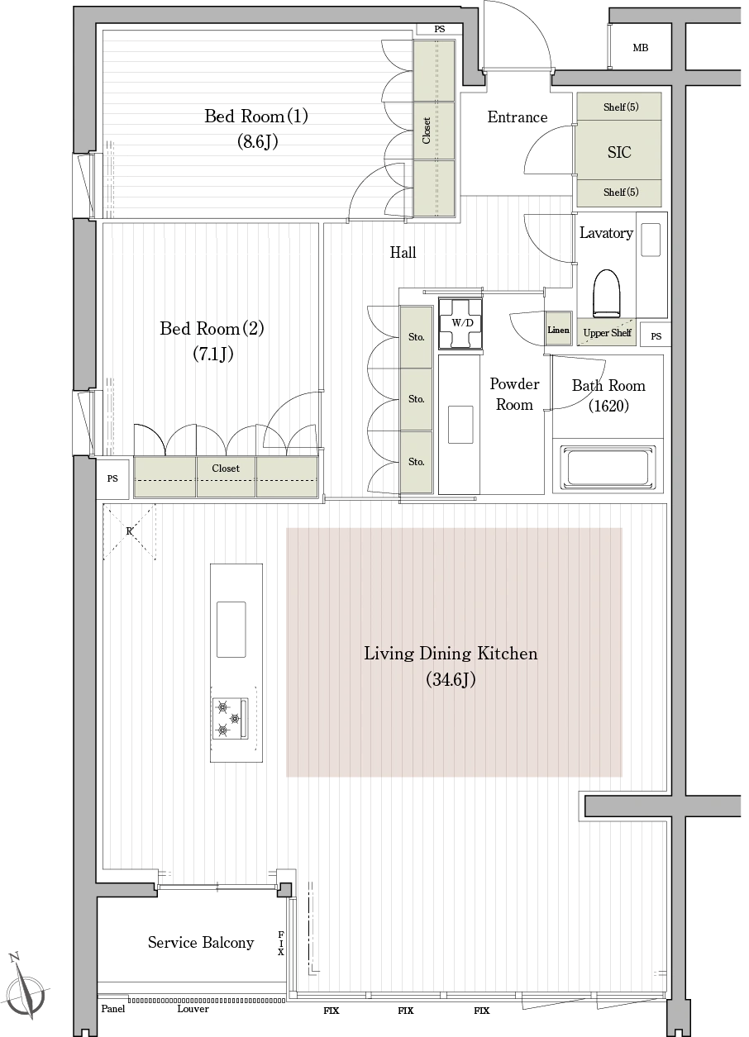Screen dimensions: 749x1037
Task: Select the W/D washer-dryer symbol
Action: (462, 323)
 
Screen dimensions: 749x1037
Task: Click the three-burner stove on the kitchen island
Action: (230, 718)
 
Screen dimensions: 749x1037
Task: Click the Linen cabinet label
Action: (558, 330)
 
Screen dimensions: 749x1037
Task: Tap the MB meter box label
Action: (641, 47)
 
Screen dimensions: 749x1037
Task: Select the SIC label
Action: (619, 152)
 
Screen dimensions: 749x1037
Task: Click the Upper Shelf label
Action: (607, 333)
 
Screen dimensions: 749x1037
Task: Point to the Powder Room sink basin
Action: (460, 424)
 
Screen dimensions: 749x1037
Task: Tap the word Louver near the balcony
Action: (193, 1008)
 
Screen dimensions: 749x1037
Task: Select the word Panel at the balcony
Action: (113, 1008)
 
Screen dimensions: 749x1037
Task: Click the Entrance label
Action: (517, 117)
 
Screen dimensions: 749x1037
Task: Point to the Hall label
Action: (403, 252)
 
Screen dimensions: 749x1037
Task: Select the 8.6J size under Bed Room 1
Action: (258, 141)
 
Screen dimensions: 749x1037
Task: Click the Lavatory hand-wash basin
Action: (651, 239)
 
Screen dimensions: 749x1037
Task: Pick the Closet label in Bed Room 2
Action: (226, 468)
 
